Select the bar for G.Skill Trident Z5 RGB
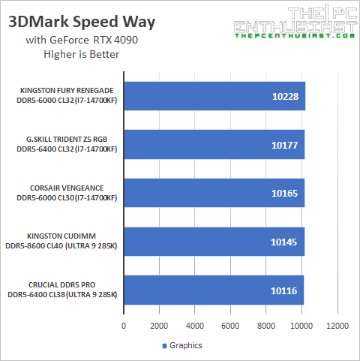point(214,144)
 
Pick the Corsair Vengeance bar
point(214,193)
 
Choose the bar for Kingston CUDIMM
point(214,242)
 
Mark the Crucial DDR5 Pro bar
point(214,290)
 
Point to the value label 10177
point(285,144)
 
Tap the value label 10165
point(285,193)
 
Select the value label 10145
point(285,242)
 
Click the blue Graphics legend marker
point(164,345)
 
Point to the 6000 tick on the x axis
point(231,326)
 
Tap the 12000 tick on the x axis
point(338,326)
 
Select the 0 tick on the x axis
point(124,326)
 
